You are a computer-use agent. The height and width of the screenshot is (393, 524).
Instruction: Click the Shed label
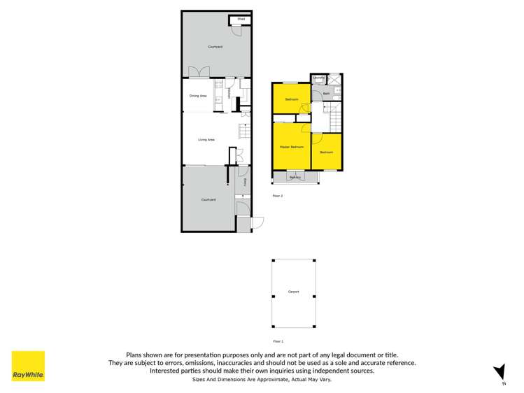(240, 19)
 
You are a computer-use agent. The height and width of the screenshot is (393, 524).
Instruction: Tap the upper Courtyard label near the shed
(215, 47)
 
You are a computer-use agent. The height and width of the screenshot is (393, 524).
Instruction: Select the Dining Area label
(198, 96)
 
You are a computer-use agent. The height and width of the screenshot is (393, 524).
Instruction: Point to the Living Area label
(206, 140)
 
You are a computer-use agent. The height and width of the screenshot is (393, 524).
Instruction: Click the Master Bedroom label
(291, 147)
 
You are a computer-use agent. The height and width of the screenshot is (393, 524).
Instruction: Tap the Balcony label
(295, 178)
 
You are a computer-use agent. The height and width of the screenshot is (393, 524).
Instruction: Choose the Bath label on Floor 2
(327, 94)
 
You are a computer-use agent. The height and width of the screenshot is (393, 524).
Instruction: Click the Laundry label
(318, 78)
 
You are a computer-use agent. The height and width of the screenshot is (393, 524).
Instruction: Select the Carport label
(293, 292)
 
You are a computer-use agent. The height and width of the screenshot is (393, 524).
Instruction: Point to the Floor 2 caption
(277, 196)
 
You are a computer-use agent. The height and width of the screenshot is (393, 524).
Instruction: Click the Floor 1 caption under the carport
(277, 341)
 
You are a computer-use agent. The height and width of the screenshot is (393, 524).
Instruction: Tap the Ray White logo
(28, 366)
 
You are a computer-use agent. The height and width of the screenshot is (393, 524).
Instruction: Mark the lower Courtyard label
(208, 200)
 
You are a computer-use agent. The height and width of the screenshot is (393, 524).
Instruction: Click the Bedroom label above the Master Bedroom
(292, 100)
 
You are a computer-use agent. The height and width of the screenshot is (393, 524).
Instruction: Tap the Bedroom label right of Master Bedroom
(327, 152)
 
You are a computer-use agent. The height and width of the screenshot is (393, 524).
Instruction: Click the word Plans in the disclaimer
(134, 355)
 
